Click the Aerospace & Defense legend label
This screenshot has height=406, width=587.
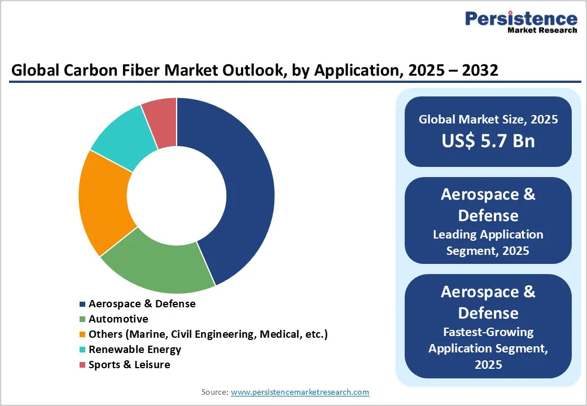(x=142, y=304)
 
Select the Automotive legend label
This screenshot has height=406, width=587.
(x=119, y=319)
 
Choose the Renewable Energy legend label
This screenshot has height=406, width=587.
(x=135, y=350)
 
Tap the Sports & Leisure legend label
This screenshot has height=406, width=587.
(x=129, y=365)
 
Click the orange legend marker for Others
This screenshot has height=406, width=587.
(x=83, y=334)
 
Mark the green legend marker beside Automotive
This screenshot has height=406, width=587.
(x=83, y=319)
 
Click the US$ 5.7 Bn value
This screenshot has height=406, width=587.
(x=488, y=140)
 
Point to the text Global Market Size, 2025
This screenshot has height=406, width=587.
(x=488, y=120)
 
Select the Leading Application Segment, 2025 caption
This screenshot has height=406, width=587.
(x=488, y=242)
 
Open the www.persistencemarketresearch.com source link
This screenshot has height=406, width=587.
(x=300, y=392)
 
